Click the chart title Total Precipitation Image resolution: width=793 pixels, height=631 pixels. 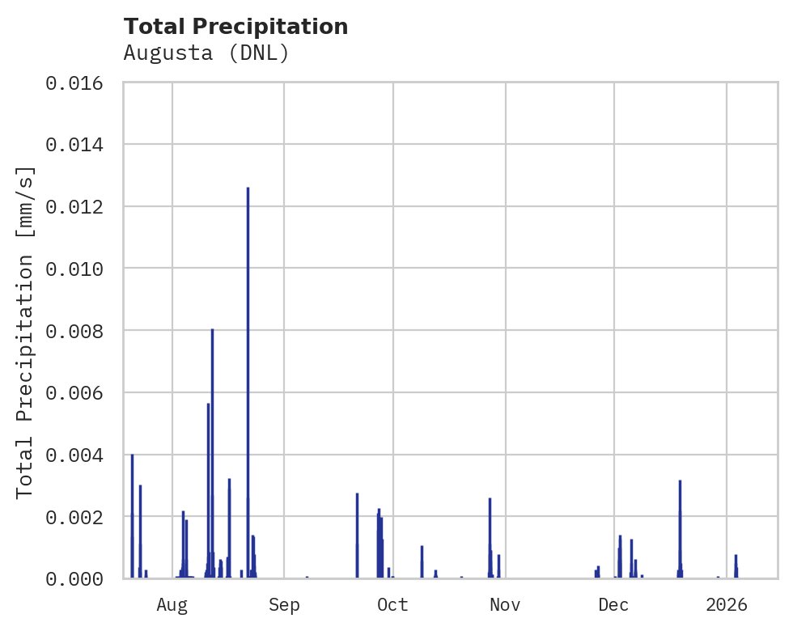(x=235, y=27)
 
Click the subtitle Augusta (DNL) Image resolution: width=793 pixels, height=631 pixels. (x=206, y=53)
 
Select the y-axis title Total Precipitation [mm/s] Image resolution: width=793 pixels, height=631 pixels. (x=26, y=331)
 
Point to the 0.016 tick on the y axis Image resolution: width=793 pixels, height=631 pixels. (x=79, y=83)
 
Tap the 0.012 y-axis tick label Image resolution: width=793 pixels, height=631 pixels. (x=79, y=206)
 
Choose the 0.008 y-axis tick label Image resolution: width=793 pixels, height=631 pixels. (x=79, y=331)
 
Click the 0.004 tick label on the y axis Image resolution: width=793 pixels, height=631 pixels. (x=79, y=455)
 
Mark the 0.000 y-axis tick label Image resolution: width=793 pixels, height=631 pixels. (x=79, y=578)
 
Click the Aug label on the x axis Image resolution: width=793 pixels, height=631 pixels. (x=172, y=604)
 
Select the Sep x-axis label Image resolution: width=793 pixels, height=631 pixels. (x=284, y=604)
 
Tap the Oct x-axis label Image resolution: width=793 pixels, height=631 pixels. (x=393, y=604)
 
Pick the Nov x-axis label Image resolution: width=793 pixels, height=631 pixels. (x=505, y=604)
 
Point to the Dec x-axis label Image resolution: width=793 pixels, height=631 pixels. (x=614, y=604)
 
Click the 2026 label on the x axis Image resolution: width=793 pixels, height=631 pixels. (x=727, y=604)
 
